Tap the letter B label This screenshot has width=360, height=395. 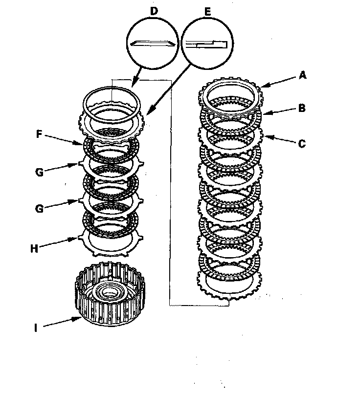pos(302,108)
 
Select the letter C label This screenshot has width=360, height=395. pos(302,144)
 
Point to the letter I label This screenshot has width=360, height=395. pos(36,329)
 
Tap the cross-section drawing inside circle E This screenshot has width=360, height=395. pos(206,44)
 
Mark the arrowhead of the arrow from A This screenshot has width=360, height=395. pos(263,87)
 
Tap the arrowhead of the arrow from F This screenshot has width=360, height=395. pos(84,144)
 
